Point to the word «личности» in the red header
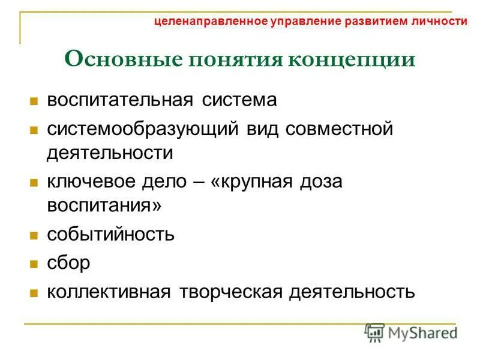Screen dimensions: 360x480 pos(440,21)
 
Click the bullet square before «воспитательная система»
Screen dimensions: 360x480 pos(34,100)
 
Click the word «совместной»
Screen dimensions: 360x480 pos(339,129)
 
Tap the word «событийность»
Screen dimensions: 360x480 pos(111,233)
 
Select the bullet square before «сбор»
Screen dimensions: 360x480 pos(34,263)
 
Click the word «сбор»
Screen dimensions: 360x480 pos(68,262)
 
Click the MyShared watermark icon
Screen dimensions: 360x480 pos(375,332)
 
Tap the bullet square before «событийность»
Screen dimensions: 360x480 pos(34,235)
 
